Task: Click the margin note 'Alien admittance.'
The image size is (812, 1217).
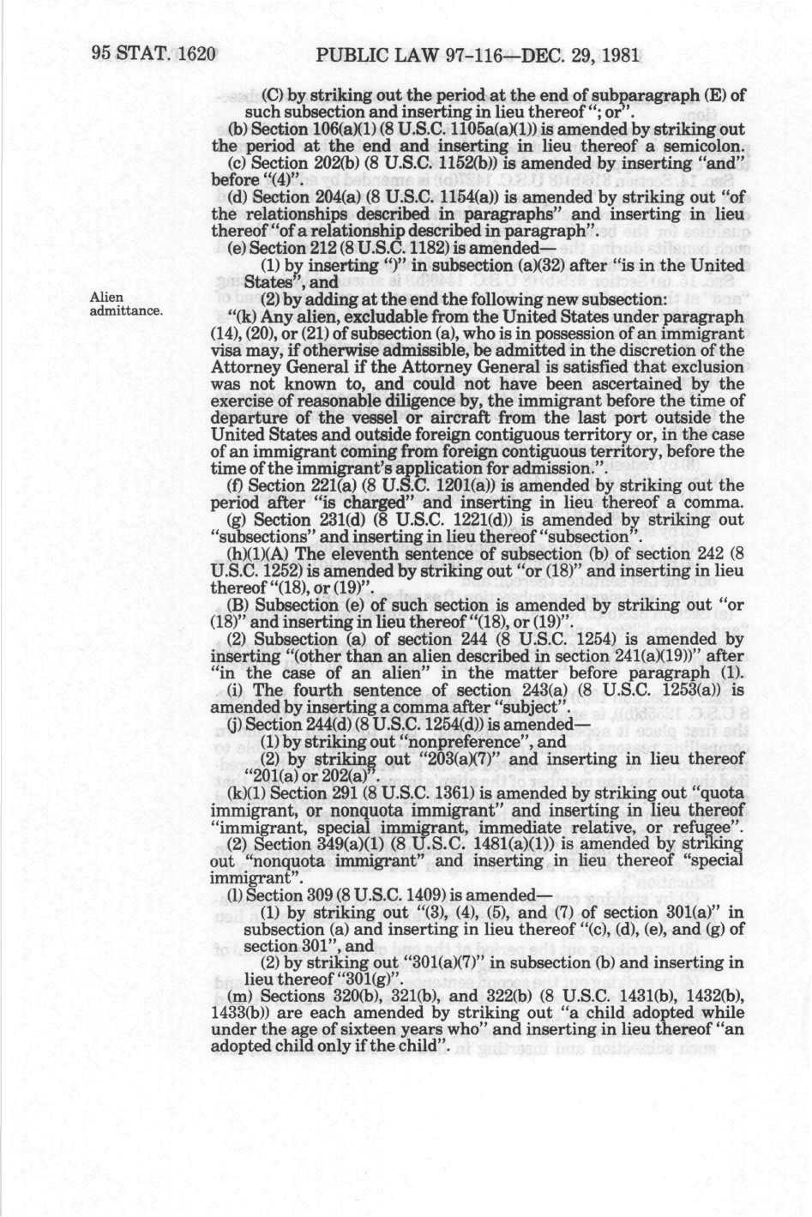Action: pos(123,304)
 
